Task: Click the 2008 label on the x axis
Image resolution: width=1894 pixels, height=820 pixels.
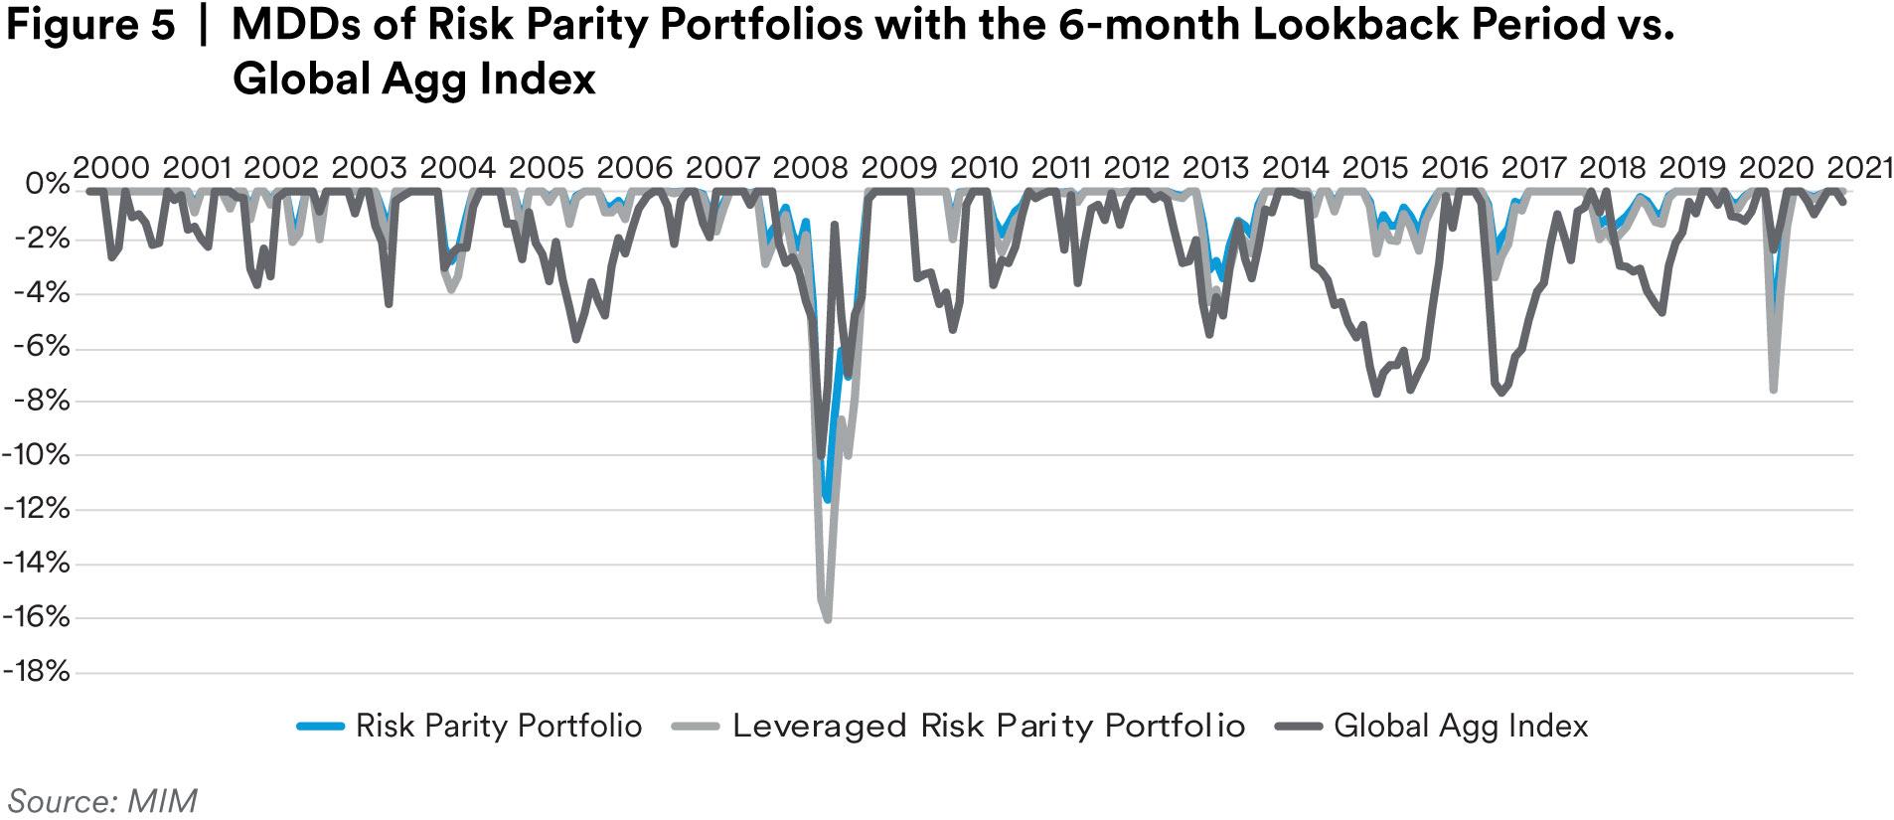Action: [x=810, y=167]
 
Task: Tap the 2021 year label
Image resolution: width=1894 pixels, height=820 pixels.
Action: [x=1860, y=167]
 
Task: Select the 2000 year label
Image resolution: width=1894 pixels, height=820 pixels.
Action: [x=111, y=167]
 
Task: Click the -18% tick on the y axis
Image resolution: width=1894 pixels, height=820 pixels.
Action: [x=37, y=671]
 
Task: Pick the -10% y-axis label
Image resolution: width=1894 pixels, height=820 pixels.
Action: [x=37, y=454]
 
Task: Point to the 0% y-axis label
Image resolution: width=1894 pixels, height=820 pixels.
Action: [x=47, y=184]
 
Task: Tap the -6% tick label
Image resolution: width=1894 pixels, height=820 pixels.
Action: [x=42, y=346]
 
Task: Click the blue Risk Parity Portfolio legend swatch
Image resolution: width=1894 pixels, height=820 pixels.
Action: [x=320, y=727]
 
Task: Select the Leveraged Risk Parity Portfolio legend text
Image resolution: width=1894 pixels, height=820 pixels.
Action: [x=988, y=726]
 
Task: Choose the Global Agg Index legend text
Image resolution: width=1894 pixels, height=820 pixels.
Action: [x=1460, y=726]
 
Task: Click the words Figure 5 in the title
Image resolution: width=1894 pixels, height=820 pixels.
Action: [x=90, y=26]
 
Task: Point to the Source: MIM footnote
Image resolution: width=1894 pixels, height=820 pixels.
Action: [x=102, y=800]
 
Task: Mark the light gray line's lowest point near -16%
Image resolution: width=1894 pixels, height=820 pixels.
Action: [x=827, y=619]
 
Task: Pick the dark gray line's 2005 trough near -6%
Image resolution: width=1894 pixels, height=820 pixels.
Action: [x=575, y=339]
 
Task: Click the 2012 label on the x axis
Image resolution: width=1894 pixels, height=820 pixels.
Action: [x=1136, y=167]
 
